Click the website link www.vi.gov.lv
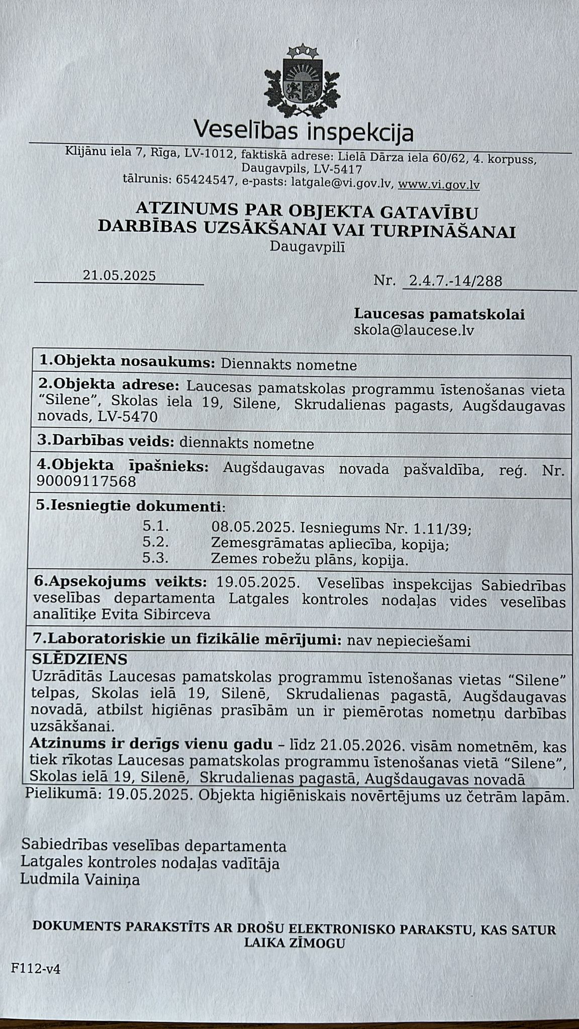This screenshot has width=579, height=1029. (x=438, y=185)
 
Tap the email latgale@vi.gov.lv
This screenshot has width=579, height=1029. (x=340, y=183)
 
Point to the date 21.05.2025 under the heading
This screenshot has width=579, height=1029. (x=119, y=275)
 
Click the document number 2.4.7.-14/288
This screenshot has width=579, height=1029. (x=455, y=281)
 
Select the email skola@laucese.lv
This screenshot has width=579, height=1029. (x=414, y=331)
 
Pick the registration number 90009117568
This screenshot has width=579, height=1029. (x=86, y=482)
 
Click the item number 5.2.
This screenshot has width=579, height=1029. (x=155, y=543)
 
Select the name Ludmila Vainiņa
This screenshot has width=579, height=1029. (x=80, y=880)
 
